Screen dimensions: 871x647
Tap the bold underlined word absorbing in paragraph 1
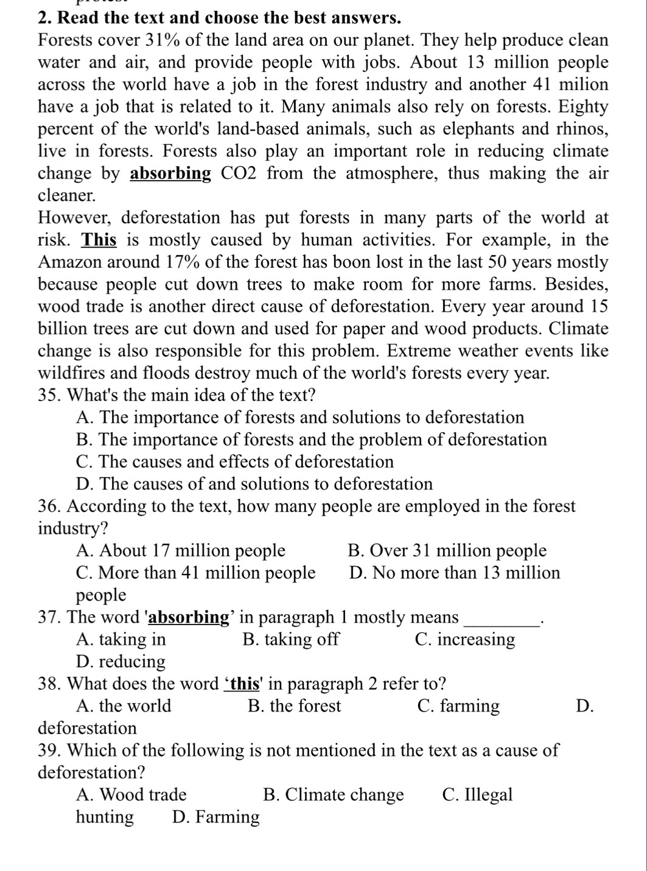point(171,174)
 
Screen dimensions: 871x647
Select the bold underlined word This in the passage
point(99,240)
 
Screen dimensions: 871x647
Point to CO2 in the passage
point(240,174)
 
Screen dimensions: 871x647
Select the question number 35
point(50,396)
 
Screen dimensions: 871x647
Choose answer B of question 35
point(312,440)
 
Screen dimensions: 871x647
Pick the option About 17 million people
point(181,551)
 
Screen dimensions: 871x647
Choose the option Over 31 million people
point(447,551)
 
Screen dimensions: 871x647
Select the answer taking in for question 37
point(121,640)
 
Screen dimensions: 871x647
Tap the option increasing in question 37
point(465,640)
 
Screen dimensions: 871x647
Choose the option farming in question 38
point(459,706)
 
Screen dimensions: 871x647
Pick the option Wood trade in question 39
point(131,795)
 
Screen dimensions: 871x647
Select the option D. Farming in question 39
point(216,817)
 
